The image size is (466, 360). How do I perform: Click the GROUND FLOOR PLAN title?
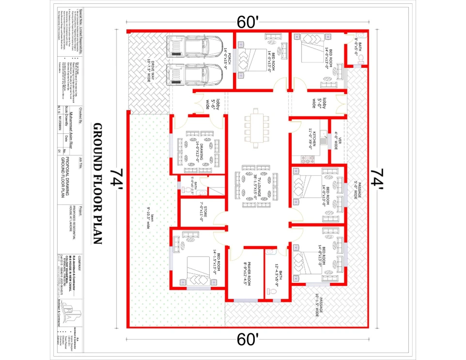click(x=97, y=183)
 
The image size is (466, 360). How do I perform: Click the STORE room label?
click(x=202, y=212)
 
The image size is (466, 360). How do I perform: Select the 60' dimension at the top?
click(x=248, y=22)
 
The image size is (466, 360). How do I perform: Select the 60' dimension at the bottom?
click(x=248, y=340)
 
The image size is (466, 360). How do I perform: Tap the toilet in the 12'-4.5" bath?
click(x=271, y=292)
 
